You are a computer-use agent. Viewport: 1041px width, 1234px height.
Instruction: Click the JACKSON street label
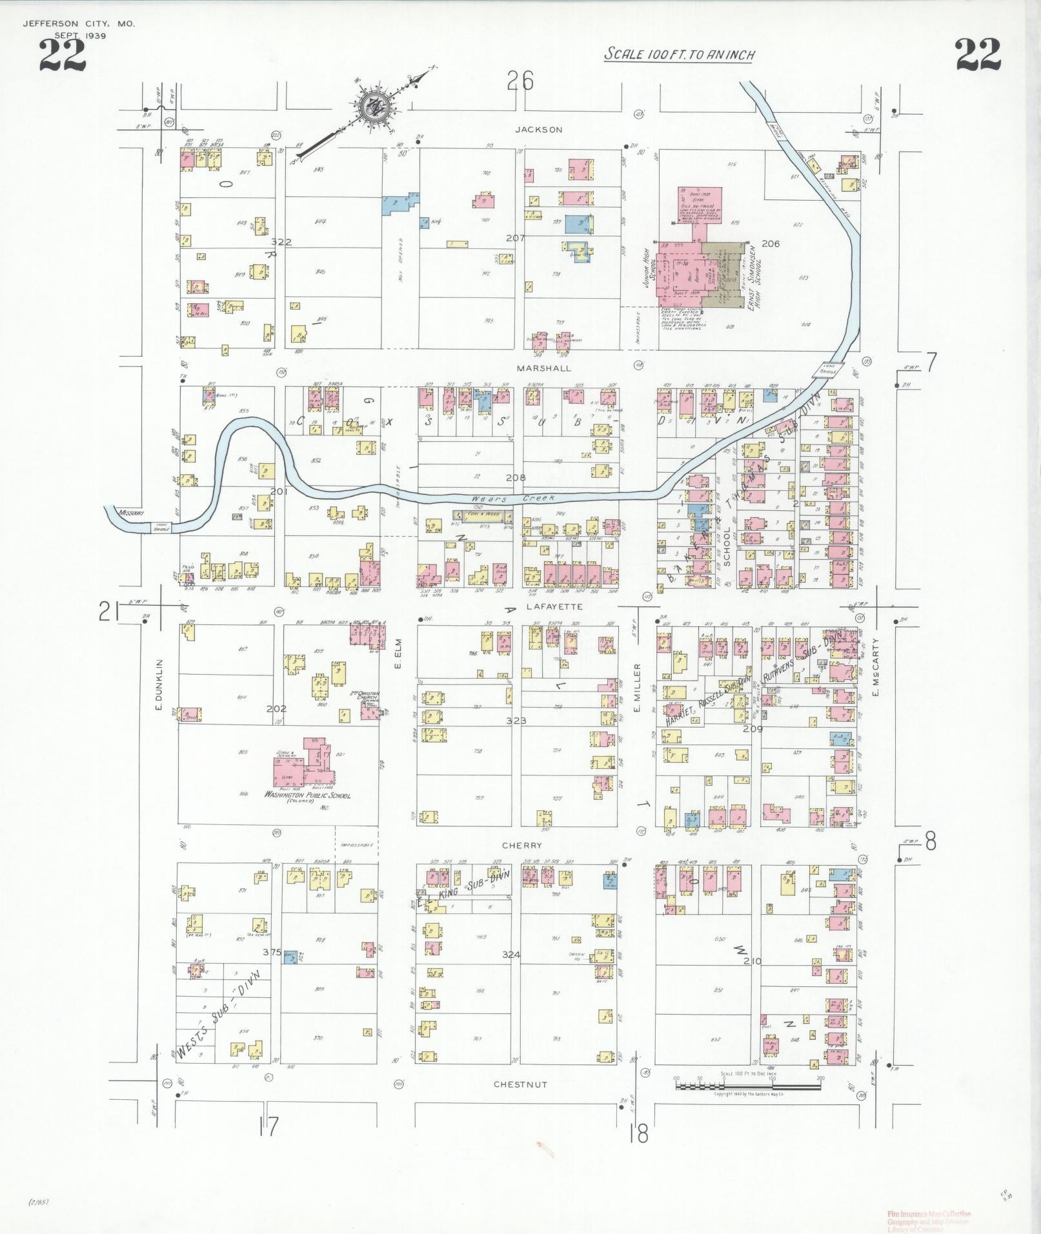pyautogui.click(x=539, y=130)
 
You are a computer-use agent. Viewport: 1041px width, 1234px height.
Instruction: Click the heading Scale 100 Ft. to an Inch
pyautogui.click(x=679, y=55)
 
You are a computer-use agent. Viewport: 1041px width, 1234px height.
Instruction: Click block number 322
pyautogui.click(x=281, y=243)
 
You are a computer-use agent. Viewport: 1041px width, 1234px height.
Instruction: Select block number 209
pyautogui.click(x=753, y=729)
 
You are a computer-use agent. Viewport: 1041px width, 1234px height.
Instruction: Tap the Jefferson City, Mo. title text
pyautogui.click(x=79, y=25)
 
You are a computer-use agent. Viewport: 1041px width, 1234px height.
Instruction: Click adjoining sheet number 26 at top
pyautogui.click(x=520, y=81)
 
